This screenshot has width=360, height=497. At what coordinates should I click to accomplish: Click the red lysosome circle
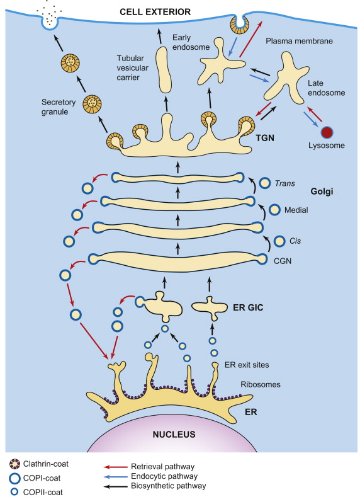click(x=327, y=132)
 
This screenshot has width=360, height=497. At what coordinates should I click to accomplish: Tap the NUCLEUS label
click(x=174, y=434)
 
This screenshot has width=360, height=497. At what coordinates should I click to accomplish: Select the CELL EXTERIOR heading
click(x=155, y=12)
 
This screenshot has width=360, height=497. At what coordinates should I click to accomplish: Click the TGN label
click(x=266, y=138)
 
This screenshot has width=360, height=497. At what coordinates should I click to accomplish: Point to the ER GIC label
click(x=248, y=307)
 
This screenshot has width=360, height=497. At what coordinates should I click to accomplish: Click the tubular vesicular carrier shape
click(x=165, y=70)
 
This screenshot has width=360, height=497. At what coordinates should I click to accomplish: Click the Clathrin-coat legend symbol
click(x=14, y=464)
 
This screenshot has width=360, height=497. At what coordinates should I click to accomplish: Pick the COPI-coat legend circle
click(x=14, y=478)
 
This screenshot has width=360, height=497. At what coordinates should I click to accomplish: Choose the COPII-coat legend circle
click(x=14, y=492)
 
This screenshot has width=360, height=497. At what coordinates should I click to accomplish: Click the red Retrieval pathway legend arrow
click(x=115, y=467)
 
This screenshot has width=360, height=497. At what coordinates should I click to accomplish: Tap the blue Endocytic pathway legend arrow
click(x=115, y=476)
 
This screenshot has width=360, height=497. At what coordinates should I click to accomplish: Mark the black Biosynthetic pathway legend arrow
click(x=115, y=486)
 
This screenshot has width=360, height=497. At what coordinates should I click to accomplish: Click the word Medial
click(x=296, y=210)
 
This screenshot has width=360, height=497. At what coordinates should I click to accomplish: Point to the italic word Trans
click(x=285, y=183)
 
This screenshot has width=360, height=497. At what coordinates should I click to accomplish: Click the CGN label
click(x=283, y=261)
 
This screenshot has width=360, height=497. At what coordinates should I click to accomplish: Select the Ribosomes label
click(x=261, y=384)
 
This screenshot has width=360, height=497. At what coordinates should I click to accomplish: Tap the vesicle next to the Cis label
click(x=279, y=241)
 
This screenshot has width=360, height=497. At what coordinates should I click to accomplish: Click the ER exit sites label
click(x=247, y=365)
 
